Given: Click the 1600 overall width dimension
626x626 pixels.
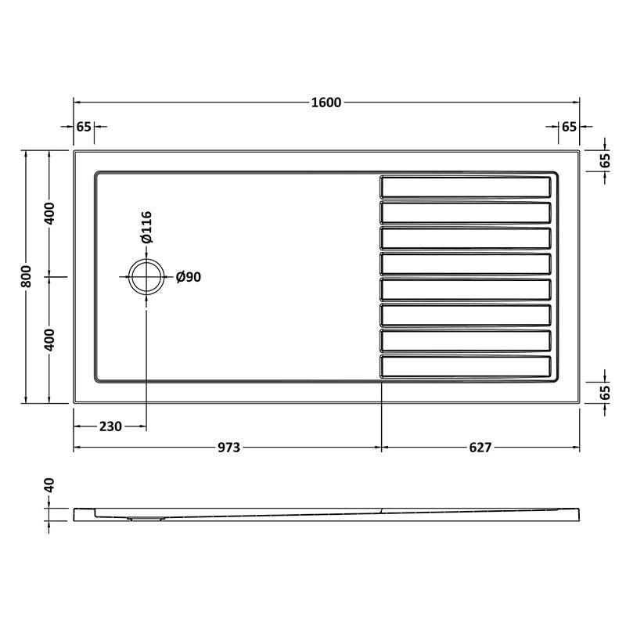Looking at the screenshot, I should coord(326,103).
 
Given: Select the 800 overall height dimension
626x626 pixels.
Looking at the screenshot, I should coord(26,276).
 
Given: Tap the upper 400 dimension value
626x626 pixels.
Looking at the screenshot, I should coord(49,214).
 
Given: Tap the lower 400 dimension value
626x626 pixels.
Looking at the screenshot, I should coord(49,340).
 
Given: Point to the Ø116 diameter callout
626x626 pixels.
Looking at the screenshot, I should coord(146,227).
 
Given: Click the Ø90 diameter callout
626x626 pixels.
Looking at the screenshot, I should coord(189,277).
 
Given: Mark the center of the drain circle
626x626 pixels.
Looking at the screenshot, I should coord(146,277).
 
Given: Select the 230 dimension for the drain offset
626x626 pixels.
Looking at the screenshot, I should coord(110,426).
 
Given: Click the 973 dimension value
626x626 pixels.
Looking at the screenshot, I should coord(228,448).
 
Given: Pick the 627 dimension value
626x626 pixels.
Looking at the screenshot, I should coord(480,448).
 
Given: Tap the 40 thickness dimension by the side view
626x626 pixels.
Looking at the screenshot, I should coord(49,487).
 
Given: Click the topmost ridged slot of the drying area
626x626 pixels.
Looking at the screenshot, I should coord(466,186).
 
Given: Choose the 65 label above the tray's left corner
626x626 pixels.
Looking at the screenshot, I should coord(84,126).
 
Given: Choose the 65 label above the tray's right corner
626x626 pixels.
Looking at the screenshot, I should coord(569,126).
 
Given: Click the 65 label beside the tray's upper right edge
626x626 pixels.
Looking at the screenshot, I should coord(605,161).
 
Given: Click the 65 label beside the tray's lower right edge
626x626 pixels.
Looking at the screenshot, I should coord(605,393).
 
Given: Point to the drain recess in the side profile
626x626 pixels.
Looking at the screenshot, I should coord(145,516).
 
